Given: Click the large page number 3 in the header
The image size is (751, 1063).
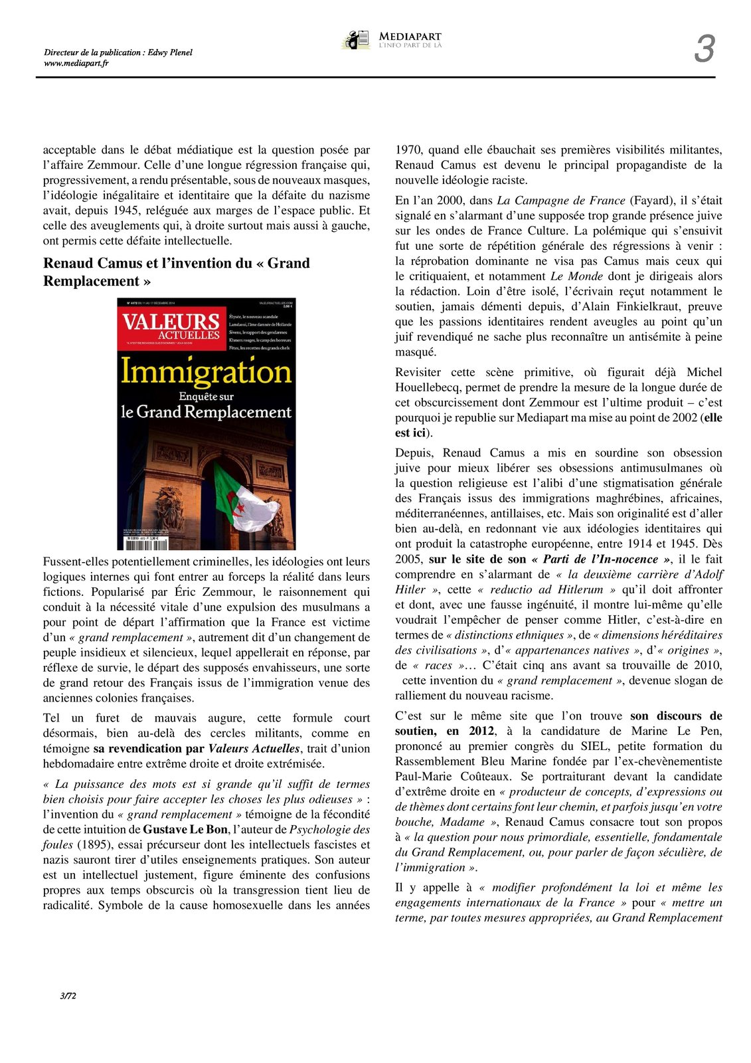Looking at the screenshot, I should point(705,49).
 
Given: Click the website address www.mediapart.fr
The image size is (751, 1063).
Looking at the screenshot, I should point(76,63).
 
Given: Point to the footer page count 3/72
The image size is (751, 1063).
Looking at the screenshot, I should point(68,995).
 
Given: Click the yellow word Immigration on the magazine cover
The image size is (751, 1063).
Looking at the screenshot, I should point(206,371).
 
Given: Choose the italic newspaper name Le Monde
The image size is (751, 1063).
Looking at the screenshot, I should point(577,276).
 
